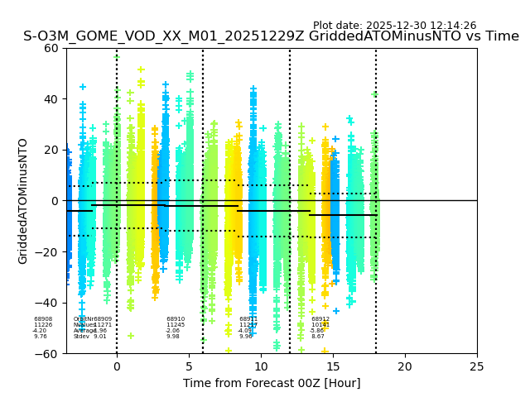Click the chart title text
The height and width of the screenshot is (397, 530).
[271, 36]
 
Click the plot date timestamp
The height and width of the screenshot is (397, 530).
[394, 26]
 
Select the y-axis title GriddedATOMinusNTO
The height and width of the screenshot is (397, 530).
[23, 201]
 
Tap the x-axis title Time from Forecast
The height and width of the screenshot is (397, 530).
[272, 383]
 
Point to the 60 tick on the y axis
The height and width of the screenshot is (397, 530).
[51, 48]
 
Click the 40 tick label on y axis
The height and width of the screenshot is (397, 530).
[51, 99]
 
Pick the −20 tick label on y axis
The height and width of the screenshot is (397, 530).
[48, 252]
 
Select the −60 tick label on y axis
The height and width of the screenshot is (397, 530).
[48, 354]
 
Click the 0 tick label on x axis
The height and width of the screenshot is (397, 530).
[117, 366]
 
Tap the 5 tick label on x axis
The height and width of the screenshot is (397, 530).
[189, 366]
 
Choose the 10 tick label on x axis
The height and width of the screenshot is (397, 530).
[261, 366]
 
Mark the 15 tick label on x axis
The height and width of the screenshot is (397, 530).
[333, 366]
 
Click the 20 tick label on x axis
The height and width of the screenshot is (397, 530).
[405, 366]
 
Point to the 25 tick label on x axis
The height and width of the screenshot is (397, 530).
[477, 366]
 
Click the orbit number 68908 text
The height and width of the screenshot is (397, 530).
[43, 319]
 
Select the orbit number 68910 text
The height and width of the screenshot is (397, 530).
[176, 319]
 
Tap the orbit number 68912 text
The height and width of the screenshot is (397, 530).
[320, 319]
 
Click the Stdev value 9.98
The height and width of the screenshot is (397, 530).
[172, 337]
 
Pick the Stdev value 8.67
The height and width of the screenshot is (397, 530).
[318, 337]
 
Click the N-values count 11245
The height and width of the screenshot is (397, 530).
[176, 325]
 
